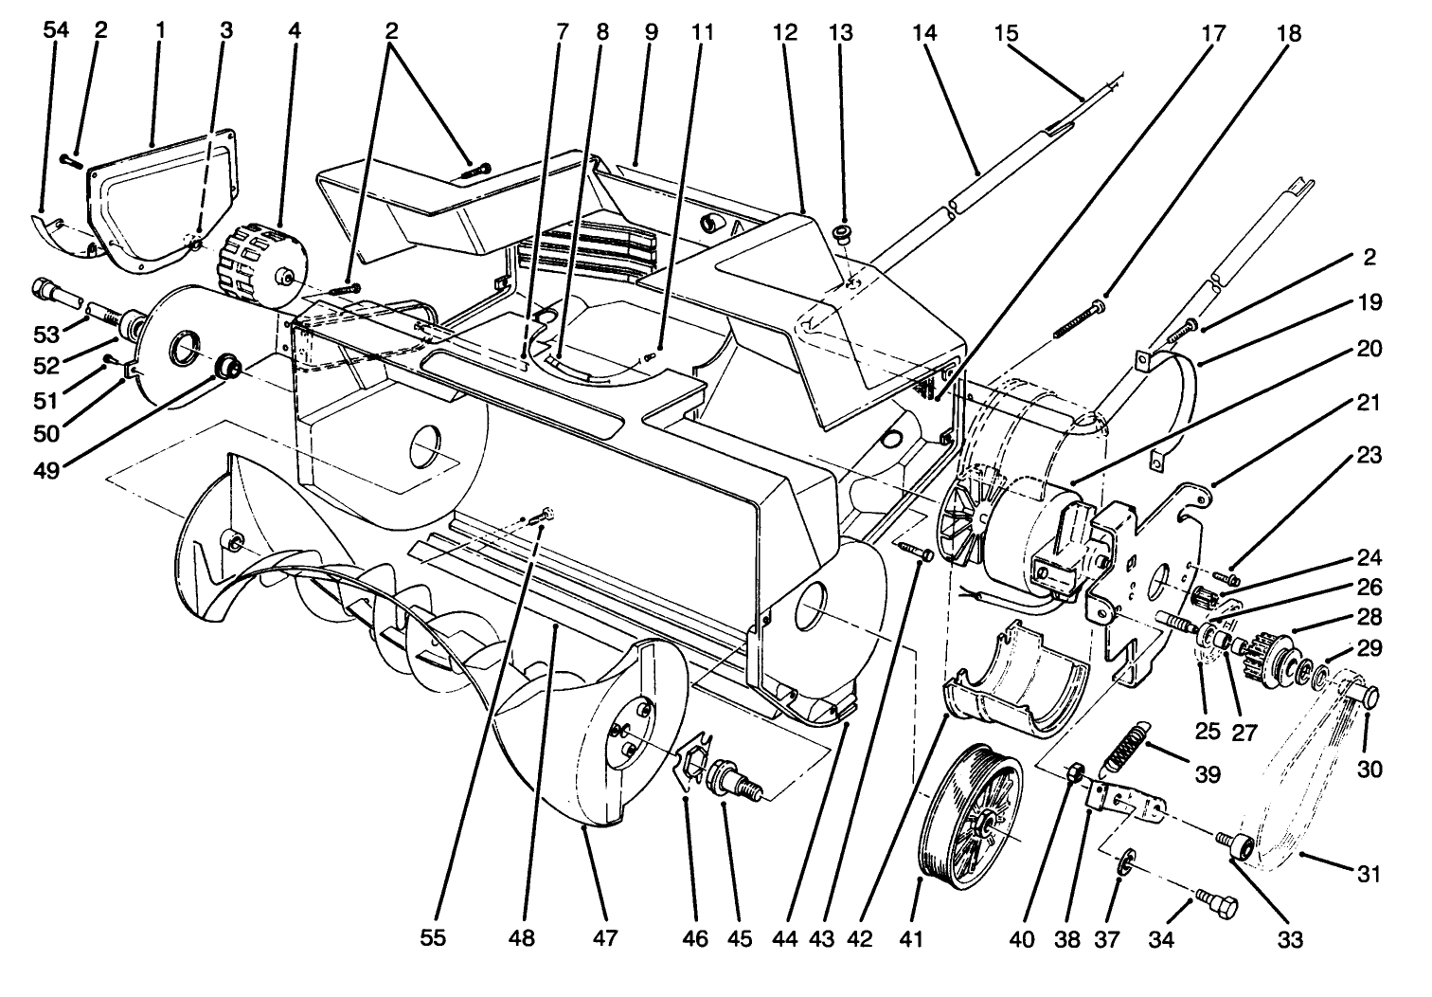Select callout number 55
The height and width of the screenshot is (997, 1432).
pos(433,939)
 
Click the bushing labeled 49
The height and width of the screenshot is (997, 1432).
pos(227,366)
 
